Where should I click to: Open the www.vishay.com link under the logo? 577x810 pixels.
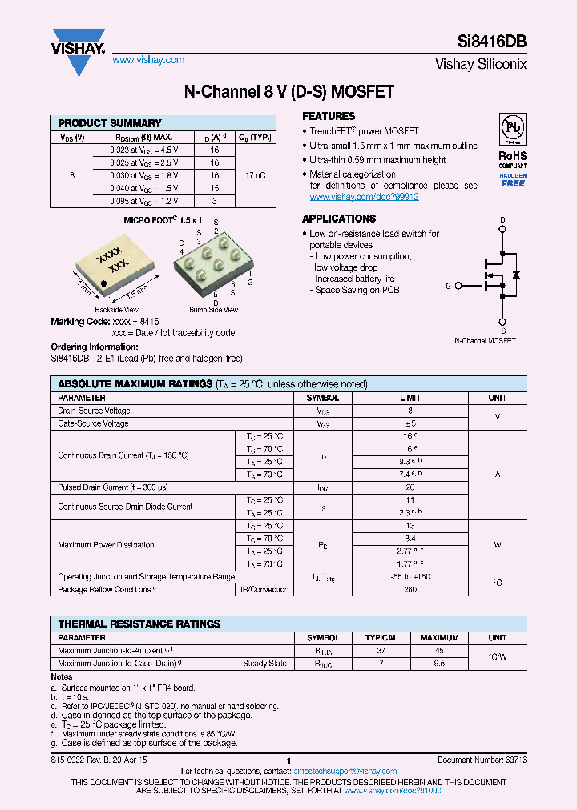(x=148, y=60)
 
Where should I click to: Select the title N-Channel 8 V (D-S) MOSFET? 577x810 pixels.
(x=288, y=92)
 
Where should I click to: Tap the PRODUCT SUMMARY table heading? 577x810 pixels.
(x=110, y=123)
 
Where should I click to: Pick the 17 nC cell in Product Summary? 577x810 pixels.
(x=255, y=174)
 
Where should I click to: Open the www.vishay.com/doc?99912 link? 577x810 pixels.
(x=364, y=197)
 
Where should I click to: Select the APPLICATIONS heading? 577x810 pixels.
(x=338, y=219)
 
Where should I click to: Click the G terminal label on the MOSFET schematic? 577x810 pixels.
(x=448, y=286)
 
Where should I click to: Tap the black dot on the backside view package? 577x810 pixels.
(x=104, y=283)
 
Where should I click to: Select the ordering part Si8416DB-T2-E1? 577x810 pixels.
(x=86, y=359)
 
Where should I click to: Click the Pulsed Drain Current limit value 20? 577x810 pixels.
(x=410, y=487)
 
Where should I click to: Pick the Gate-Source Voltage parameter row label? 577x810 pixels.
(x=94, y=423)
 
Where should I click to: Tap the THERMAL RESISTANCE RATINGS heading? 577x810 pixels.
(x=139, y=624)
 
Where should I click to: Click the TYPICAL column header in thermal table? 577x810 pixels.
(x=381, y=638)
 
